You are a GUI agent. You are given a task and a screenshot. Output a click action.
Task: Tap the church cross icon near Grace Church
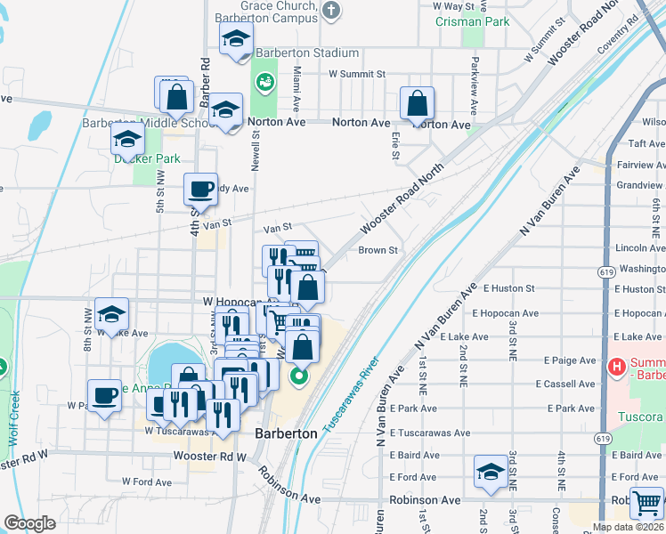click(x=331, y=11)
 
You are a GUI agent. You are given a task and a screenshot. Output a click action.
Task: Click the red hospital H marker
click(x=615, y=367)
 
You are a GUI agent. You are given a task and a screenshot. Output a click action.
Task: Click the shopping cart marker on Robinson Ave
click(x=647, y=503)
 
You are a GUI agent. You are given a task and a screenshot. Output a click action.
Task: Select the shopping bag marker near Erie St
click(x=417, y=104)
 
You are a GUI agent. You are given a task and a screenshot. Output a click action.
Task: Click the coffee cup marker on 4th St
click(x=200, y=189)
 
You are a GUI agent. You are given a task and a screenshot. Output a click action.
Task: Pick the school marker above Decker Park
click(x=127, y=140)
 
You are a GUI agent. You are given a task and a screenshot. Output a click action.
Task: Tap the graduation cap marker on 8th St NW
click(x=112, y=314)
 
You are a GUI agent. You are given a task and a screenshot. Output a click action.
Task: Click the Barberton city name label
click(x=286, y=433)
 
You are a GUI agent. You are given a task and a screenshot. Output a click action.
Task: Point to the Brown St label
click(x=378, y=250)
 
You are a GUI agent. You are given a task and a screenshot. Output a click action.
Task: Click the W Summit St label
click(x=356, y=75)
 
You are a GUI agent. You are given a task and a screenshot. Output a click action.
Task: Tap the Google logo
click(x=29, y=523)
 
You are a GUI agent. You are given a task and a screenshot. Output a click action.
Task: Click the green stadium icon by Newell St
click(x=264, y=84)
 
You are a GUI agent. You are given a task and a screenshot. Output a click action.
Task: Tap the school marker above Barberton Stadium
click(x=237, y=39)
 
